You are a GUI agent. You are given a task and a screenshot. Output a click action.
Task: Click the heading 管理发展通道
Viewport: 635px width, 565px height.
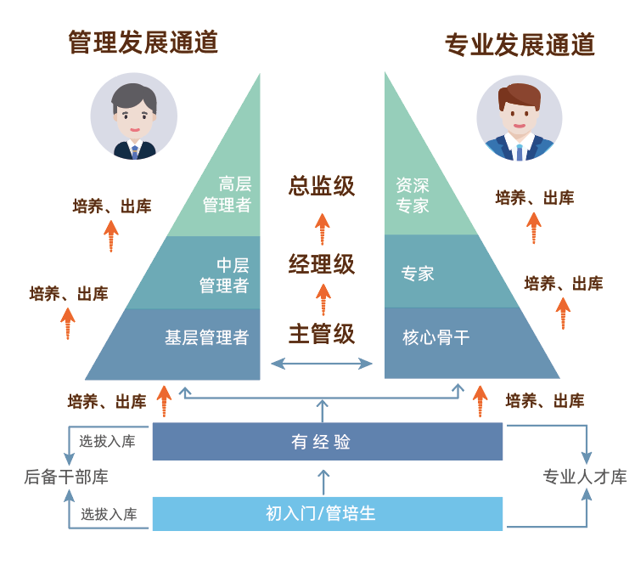click(143, 42)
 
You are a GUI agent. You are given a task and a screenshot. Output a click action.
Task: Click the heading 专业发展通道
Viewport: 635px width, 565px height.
click(519, 44)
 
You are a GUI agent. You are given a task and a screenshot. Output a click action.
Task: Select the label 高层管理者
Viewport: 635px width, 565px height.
click(226, 195)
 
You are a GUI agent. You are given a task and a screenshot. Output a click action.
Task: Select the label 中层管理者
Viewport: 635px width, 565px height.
click(224, 275)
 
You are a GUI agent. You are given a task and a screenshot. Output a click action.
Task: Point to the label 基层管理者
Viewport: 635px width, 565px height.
click(206, 337)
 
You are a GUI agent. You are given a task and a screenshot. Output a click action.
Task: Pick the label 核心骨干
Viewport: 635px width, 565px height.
click(436, 337)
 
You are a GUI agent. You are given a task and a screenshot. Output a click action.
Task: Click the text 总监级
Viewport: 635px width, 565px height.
click(322, 186)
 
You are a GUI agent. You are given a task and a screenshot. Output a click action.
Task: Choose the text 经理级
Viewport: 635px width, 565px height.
click(322, 264)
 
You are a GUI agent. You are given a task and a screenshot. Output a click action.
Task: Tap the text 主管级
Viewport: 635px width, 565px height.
click(322, 334)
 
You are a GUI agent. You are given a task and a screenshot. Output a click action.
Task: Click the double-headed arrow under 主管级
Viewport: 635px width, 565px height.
click(322, 364)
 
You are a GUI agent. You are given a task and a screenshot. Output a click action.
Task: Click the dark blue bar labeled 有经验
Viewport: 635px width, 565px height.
click(327, 442)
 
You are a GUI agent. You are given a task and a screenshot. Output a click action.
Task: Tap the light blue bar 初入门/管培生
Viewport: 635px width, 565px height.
click(327, 513)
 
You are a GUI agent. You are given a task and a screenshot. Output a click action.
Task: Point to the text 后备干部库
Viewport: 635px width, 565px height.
click(66, 477)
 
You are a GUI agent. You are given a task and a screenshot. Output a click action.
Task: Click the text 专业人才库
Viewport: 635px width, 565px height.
click(585, 477)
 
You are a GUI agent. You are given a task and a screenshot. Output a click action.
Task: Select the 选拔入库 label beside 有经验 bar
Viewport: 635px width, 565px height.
click(108, 441)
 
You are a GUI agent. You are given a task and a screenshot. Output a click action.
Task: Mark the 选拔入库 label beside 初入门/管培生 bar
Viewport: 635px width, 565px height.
click(109, 514)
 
